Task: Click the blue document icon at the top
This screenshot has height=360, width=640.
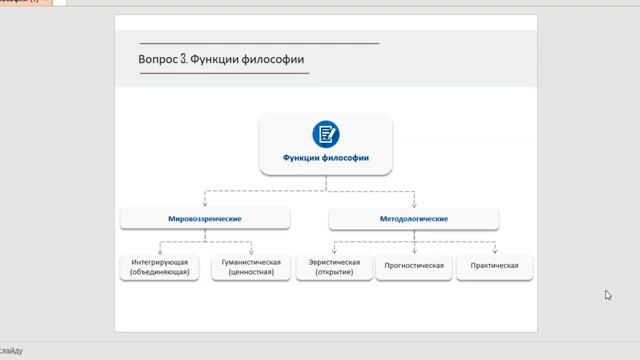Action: (x=326, y=134)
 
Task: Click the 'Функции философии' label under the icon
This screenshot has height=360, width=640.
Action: (x=326, y=158)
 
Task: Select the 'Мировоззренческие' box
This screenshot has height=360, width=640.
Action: (x=205, y=218)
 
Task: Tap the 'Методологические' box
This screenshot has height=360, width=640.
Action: (x=414, y=218)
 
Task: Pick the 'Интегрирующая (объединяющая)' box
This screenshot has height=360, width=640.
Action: (x=159, y=267)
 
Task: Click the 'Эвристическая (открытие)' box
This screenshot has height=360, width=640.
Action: (x=334, y=267)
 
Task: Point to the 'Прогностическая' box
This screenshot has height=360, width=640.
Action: (x=414, y=267)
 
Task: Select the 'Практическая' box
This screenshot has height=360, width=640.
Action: (x=495, y=267)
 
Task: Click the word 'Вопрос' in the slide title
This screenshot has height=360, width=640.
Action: (x=159, y=60)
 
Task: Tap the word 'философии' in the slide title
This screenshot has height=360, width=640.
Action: (x=272, y=60)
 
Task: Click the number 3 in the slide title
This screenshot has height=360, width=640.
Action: (x=184, y=60)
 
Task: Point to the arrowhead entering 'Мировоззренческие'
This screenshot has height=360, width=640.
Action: (x=205, y=204)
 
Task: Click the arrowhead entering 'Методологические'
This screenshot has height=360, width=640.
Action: (x=414, y=204)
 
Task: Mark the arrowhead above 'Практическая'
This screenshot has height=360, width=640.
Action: (x=495, y=252)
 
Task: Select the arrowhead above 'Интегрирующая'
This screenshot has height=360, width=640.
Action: (x=159, y=252)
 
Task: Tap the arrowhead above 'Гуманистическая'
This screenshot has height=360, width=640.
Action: (x=251, y=252)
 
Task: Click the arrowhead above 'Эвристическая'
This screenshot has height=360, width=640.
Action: (x=334, y=252)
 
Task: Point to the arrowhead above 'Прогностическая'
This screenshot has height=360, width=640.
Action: (x=414, y=252)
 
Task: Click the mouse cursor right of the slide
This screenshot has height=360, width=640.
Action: (x=607, y=295)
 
